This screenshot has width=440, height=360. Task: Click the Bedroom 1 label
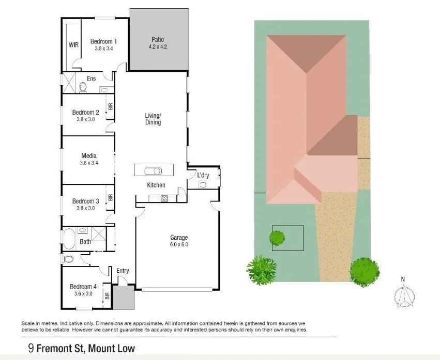pos(103,41)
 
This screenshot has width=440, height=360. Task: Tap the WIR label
pos(74,45)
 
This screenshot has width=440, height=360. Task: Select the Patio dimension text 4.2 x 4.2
pos(158,46)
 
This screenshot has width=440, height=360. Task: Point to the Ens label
pos(92,79)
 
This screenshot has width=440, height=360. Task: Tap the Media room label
pos(89,155)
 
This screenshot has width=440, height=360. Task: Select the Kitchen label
pos(156,185)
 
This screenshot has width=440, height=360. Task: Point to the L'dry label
pos(203,176)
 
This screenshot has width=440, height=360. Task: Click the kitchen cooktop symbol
pos(164,198)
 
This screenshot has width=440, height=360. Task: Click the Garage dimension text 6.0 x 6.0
pos(179,244)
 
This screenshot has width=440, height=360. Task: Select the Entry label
pos(123,271)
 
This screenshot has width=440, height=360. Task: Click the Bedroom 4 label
pos(83,287)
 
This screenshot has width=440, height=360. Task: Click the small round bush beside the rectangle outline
pos(277,238)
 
